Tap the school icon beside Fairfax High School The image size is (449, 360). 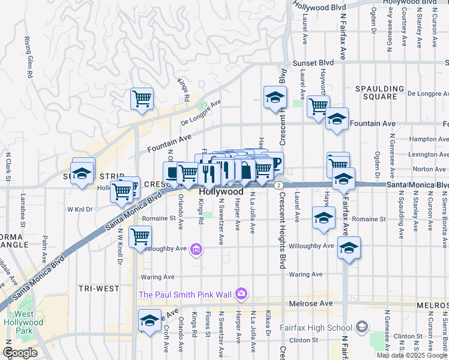tap(361, 327)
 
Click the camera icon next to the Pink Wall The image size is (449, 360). tap(241, 293)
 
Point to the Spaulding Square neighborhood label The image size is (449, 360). tap(384, 92)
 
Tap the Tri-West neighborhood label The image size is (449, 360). tap(99, 289)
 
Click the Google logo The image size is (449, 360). tap(20, 353)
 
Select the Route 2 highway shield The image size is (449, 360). tap(279, 185)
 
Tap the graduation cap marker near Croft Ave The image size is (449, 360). tap(149, 319)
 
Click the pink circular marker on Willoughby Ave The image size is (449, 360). tap(196, 248)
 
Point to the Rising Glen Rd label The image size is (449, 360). tap(28, 58)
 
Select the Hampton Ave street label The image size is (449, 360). tap(426, 139)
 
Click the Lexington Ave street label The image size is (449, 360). tap(427, 154)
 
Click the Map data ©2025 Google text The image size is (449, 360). tap(412, 355)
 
